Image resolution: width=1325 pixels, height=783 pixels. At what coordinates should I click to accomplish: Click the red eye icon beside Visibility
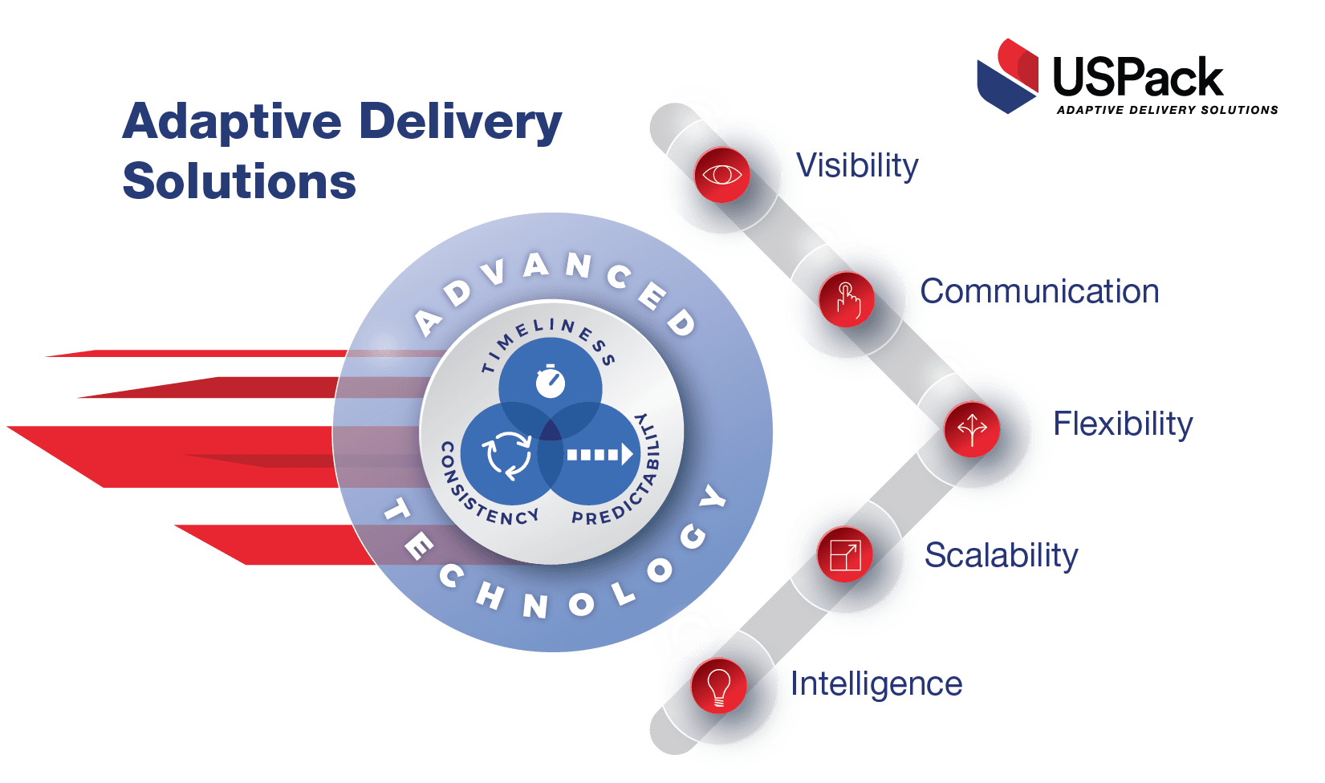click(x=721, y=174)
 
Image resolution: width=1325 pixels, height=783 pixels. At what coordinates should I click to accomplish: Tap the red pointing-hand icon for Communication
click(x=847, y=299)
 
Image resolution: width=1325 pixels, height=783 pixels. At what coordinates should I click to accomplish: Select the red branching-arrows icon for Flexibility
click(x=972, y=428)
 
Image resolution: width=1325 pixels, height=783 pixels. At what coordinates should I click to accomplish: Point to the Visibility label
click(x=858, y=166)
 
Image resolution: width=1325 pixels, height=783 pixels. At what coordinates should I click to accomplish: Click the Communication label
click(x=1040, y=292)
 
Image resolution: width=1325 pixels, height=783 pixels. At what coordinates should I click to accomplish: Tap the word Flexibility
click(x=1123, y=424)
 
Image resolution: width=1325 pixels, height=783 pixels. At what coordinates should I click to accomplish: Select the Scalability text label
click(x=1002, y=555)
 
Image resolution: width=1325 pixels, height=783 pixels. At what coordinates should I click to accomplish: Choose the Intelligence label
click(x=877, y=684)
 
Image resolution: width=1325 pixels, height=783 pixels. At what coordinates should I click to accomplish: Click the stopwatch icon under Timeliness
click(x=551, y=381)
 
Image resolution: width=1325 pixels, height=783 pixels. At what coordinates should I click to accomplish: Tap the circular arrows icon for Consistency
click(x=506, y=455)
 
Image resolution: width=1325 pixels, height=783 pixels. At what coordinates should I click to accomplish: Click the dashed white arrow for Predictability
click(x=599, y=456)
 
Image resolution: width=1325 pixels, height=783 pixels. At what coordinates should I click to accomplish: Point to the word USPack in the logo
click(x=1137, y=77)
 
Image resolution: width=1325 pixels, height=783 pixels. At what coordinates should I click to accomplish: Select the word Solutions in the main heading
click(x=239, y=181)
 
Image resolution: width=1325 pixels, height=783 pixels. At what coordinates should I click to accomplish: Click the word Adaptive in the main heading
click(x=232, y=122)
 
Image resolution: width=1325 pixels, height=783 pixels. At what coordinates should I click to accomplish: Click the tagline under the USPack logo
click(x=1167, y=110)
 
